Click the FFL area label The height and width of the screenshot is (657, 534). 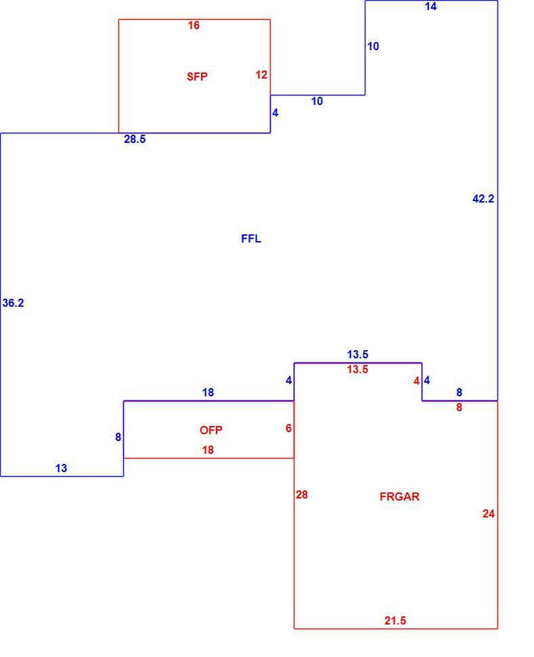click(251, 238)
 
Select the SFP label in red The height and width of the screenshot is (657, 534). click(197, 77)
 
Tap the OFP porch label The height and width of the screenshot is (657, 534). click(210, 430)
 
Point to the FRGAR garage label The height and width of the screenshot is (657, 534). click(399, 496)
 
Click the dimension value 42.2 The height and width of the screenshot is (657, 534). click(483, 198)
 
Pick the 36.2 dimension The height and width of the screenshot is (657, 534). click(13, 303)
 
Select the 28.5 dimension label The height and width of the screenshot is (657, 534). click(135, 139)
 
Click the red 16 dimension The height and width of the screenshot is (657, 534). click(194, 26)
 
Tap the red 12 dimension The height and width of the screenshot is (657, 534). click(261, 75)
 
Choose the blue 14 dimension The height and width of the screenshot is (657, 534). click(430, 6)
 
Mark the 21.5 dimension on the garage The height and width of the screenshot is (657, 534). click(395, 620)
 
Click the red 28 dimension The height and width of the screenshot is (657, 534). click(302, 495)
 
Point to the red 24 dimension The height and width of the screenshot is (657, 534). click(489, 513)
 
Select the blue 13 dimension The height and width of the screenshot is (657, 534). click(61, 469)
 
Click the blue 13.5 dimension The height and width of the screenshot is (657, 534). click(357, 354)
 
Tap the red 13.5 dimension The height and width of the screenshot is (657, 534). click(357, 370)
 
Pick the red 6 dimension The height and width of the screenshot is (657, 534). click(288, 428)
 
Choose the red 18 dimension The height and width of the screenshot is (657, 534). click(208, 450)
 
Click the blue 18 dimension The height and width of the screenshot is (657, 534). click(208, 393)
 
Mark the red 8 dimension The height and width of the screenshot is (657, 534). click(459, 407)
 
